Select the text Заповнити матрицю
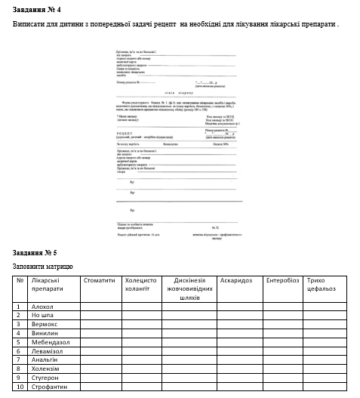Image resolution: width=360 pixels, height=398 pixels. (43, 267)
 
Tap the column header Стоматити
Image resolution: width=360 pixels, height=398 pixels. (98, 280)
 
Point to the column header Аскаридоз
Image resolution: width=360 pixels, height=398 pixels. (237, 280)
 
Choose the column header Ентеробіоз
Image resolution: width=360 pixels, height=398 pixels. (282, 280)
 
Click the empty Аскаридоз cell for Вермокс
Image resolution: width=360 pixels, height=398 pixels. (237, 323)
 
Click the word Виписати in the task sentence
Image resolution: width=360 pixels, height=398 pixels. (28, 25)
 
